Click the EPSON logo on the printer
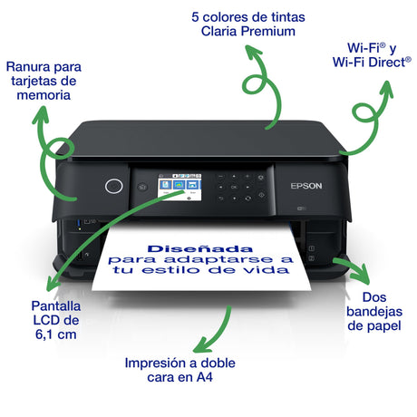tap(306, 186)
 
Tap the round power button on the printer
tap(114, 186)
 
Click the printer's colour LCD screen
tap(179, 187)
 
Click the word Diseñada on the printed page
tap(199, 248)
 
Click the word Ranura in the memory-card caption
tap(25, 66)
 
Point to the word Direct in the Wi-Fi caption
tap(387, 63)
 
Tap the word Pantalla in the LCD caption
tap(56, 306)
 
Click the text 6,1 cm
tap(55, 335)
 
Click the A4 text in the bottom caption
tap(205, 377)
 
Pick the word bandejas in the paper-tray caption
tap(374, 312)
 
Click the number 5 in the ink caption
tap(195, 17)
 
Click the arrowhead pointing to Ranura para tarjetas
tap(41, 115)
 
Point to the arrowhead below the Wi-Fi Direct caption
tap(387, 89)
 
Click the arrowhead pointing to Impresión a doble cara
tap(202, 346)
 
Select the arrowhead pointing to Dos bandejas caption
tap(361, 274)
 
